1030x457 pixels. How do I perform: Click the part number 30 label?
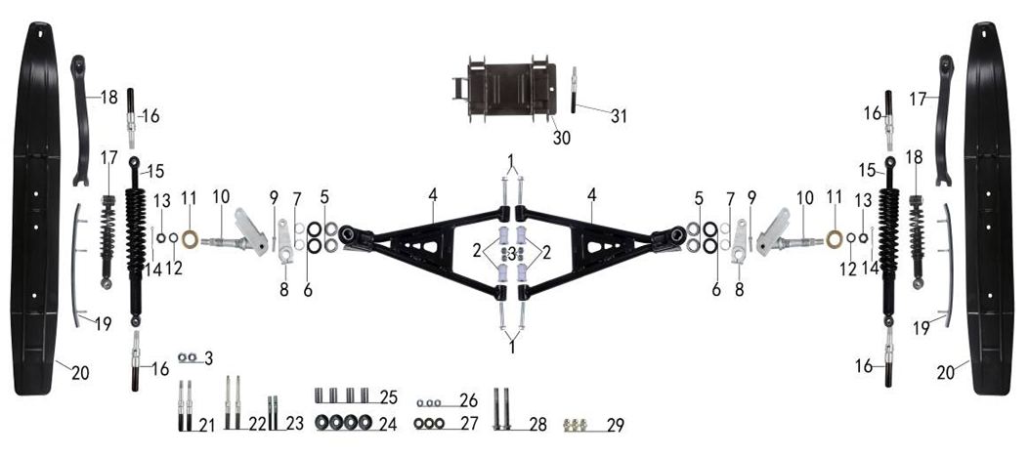[x=561, y=138]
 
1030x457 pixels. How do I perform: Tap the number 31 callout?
[x=619, y=116]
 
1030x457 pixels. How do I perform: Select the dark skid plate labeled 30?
[x=504, y=93]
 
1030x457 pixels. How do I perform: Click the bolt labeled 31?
[x=574, y=90]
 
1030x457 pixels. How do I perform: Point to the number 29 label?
[x=615, y=425]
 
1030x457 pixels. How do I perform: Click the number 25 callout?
[x=389, y=397]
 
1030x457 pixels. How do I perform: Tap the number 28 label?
[x=538, y=425]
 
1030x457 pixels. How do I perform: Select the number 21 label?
[x=207, y=426]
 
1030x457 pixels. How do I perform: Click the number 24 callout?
[x=388, y=424]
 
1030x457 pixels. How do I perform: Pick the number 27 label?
[x=469, y=424]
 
